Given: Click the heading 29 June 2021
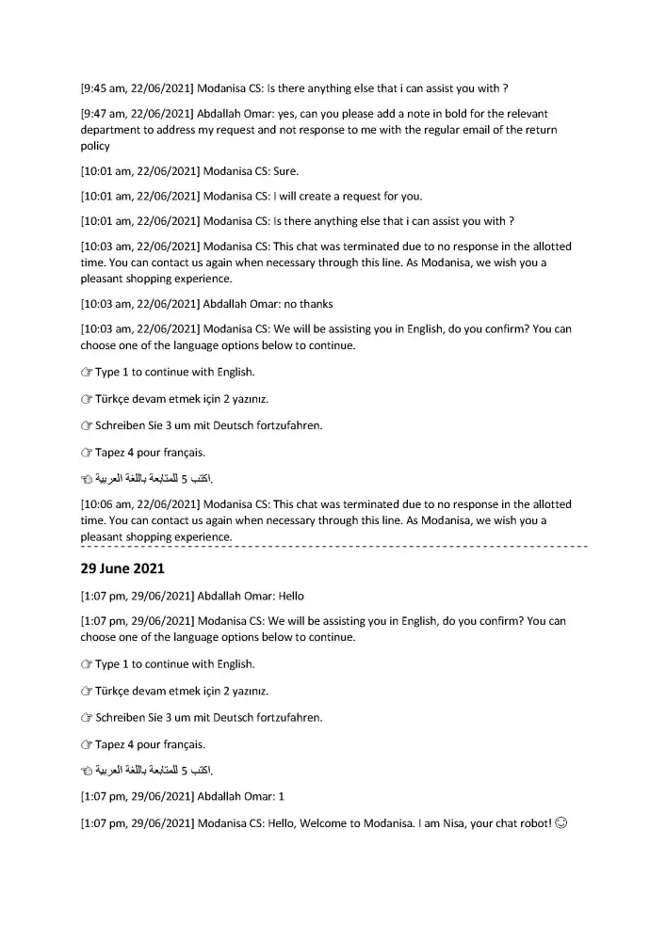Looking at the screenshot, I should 123,569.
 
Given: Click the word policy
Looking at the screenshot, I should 95,146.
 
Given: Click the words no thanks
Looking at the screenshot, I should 306,304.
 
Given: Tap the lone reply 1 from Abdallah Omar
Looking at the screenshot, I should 281,796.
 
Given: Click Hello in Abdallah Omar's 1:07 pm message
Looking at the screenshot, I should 291,596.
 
